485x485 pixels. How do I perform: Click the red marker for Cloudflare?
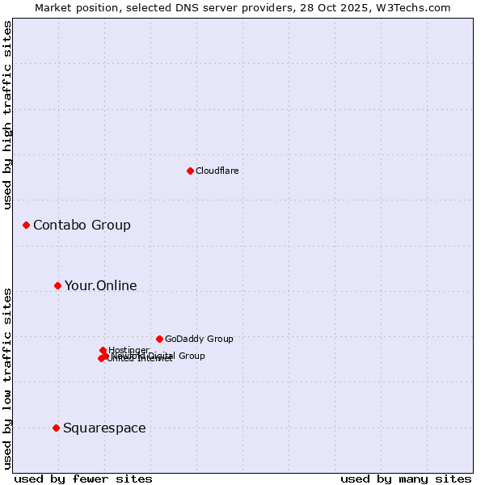coord(190,171)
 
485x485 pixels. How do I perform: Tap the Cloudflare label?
coord(217,171)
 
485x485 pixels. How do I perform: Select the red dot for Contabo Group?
coord(26,225)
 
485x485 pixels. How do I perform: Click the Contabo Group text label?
coord(82,225)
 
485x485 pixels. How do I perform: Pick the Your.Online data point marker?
coord(57,285)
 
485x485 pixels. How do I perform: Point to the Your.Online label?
coord(100,285)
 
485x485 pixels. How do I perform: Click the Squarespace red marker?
coord(56,428)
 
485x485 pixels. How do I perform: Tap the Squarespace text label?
coord(104,428)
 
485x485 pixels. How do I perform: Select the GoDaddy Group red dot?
coord(159,339)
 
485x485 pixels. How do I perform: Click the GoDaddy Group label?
coord(199,339)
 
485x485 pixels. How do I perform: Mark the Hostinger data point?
coord(103,350)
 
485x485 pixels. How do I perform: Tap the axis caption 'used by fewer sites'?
coord(83,479)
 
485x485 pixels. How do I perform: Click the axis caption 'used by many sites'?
coord(406,479)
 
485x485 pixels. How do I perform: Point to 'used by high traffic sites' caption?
coord(8,115)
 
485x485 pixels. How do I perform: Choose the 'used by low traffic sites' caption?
coord(8,377)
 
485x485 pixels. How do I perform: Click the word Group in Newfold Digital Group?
coord(191,356)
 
